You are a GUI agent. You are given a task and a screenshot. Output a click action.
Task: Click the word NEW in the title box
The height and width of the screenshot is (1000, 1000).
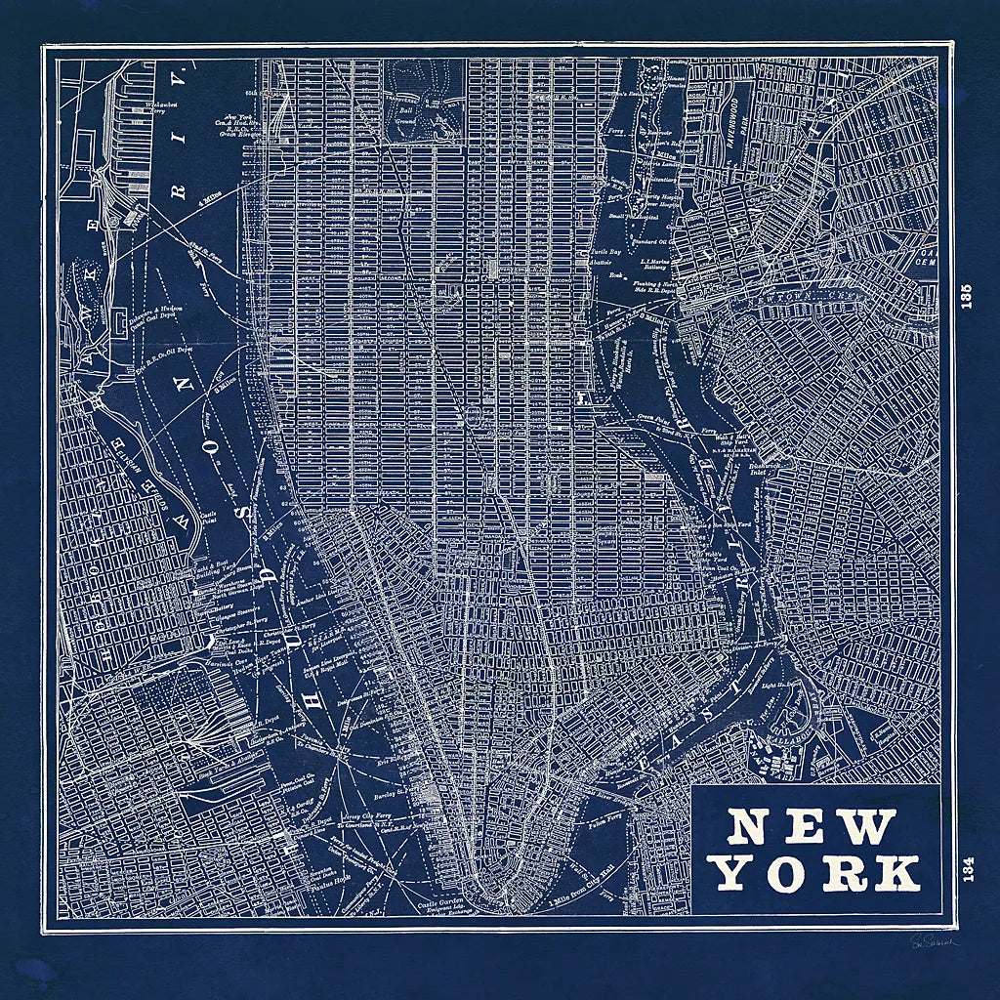coord(812,828)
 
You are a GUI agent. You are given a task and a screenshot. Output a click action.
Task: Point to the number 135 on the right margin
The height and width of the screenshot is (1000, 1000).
coord(967,298)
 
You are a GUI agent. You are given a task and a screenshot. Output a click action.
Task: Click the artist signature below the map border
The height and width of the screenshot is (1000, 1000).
coord(935,941)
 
